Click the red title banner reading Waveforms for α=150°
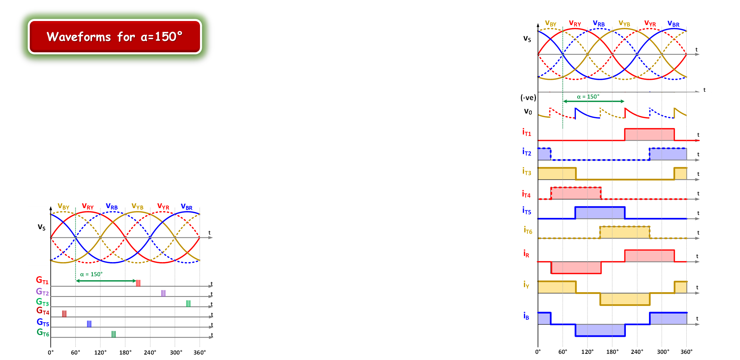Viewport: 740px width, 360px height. [115, 37]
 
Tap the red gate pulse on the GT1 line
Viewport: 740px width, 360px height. [138, 283]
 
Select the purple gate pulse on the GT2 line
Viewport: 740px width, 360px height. [163, 293]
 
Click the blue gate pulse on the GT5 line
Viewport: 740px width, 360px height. [89, 324]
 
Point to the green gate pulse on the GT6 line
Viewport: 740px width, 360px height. [114, 334]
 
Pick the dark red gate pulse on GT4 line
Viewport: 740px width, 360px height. [64, 314]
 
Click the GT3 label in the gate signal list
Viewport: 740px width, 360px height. [42, 302]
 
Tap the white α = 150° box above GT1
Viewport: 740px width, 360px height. [91, 274]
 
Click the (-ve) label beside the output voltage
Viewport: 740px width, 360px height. [528, 98]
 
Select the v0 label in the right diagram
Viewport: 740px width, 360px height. [528, 112]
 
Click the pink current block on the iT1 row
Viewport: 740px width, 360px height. [649, 134]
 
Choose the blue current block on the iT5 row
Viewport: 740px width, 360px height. [600, 213]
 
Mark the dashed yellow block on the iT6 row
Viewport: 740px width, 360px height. [625, 232]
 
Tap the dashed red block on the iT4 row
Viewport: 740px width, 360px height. [576, 193]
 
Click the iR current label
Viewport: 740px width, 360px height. [526, 253]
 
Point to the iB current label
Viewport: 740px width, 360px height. [526, 316]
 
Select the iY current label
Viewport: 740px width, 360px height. [526, 285]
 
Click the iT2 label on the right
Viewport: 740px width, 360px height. [527, 152]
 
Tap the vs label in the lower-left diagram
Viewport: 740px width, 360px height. [42, 227]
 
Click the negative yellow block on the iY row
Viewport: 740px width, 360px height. [625, 299]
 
